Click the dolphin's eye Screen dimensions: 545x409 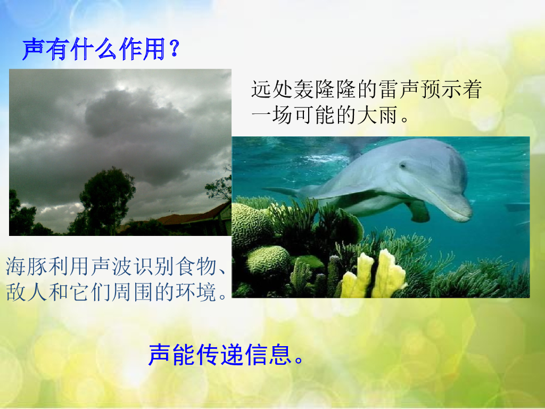pos(403,165)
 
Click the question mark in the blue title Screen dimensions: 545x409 pos(175,48)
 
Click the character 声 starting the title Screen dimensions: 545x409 pos(34,50)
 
